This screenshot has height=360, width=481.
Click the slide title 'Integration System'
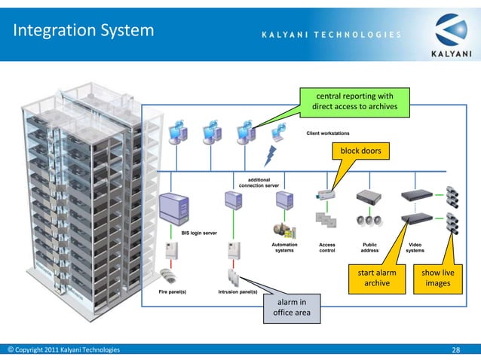click(84, 32)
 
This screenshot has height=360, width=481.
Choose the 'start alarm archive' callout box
click(377, 277)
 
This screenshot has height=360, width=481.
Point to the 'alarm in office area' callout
click(286, 308)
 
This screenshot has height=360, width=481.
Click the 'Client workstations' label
click(327, 133)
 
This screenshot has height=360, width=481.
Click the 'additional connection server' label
click(259, 183)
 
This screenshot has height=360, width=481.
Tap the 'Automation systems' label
click(284, 248)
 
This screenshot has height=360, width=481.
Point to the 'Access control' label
click(327, 248)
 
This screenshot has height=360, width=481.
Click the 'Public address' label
click(369, 248)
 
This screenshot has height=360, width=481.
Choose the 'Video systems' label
click(415, 248)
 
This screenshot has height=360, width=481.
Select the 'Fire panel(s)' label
click(173, 291)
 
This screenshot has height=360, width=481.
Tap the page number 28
click(455, 349)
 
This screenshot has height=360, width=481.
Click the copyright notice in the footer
click(63, 349)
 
